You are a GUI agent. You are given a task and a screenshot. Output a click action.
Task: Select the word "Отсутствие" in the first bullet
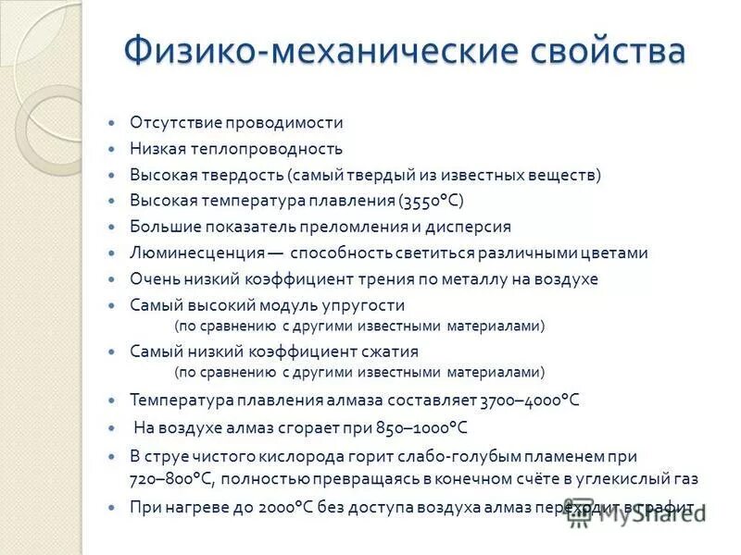(x=170, y=122)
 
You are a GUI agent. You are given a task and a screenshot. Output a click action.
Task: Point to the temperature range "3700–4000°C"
(x=529, y=401)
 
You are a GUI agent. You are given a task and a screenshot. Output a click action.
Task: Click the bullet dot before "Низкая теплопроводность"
(x=113, y=148)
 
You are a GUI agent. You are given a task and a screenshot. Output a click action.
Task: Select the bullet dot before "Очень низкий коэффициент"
(x=113, y=278)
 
